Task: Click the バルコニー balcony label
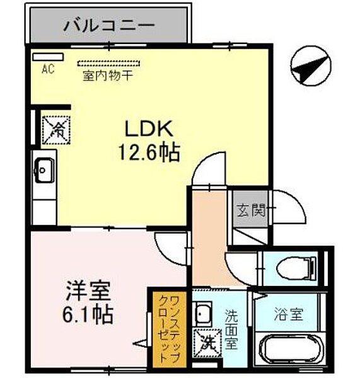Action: pos(109,26)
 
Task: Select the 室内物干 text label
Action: pos(111,74)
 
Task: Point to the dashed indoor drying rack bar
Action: pos(111,62)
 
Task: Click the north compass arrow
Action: pos(311,66)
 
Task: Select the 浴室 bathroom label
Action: pos(289,313)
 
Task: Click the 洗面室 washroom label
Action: pos(232,328)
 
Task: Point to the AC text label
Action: pos(48,69)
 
